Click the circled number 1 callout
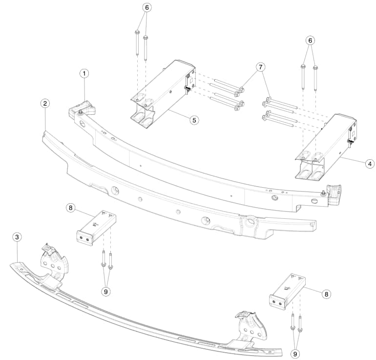coord(84,74)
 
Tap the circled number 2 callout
coord(45,104)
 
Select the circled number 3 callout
coord(17,237)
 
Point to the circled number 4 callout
coord(370,164)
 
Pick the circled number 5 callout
coord(194,120)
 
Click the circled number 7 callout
coord(261,67)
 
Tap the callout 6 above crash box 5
coord(147,8)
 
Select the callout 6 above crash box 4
coord(310,41)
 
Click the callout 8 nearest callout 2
coord(70,208)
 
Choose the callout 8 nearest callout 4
coord(326,294)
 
